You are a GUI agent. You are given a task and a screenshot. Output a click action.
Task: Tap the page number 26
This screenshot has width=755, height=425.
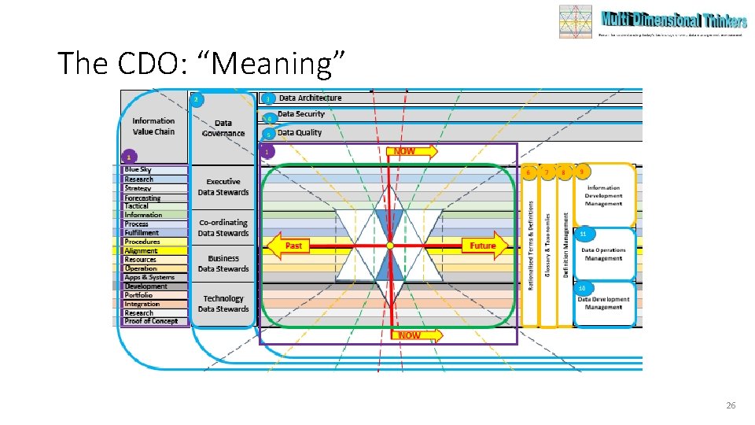(x=731, y=405)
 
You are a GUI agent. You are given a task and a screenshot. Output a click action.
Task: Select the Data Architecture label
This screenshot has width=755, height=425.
(x=310, y=98)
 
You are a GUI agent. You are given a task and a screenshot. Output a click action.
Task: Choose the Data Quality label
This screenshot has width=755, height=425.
(x=299, y=132)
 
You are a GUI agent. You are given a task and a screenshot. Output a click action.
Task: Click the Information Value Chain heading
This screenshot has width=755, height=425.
(x=153, y=126)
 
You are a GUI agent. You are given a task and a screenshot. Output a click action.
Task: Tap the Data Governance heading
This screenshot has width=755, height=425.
(x=223, y=128)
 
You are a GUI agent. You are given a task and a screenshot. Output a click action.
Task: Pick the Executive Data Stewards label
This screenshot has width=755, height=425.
(x=223, y=187)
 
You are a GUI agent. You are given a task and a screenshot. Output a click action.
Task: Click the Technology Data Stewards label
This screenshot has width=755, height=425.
(x=223, y=304)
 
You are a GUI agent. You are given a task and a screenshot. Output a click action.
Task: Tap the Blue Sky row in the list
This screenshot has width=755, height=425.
(x=138, y=170)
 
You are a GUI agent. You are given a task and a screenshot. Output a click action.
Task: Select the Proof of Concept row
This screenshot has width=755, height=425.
(x=152, y=321)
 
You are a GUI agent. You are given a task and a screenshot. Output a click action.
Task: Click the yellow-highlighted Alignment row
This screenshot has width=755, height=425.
(x=141, y=251)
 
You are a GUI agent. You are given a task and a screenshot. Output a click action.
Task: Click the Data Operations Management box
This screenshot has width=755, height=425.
(x=603, y=254)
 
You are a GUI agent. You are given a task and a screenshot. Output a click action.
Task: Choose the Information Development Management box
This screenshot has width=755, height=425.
(x=603, y=195)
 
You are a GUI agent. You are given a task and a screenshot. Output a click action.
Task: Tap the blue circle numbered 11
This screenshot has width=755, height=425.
(x=582, y=234)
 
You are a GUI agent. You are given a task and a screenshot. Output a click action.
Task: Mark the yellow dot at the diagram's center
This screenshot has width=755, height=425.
(x=389, y=246)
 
